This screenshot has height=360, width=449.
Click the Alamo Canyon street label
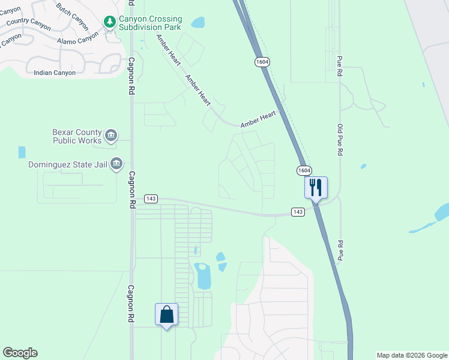(77, 40)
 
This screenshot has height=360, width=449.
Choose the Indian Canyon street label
(55, 73)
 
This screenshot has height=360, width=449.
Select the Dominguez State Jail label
(68, 164)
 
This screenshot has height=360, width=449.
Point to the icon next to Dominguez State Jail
(116, 163)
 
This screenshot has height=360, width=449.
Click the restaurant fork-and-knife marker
(316, 188)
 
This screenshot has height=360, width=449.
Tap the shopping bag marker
(166, 314)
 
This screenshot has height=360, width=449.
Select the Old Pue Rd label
(340, 140)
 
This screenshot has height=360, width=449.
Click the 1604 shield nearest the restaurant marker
(304, 171)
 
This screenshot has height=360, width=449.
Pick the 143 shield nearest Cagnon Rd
(151, 199)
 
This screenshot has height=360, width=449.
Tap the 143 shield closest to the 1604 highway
(298, 211)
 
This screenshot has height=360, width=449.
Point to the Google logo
(20, 353)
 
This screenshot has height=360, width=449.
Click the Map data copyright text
(411, 355)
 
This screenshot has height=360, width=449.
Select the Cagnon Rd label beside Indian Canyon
(131, 76)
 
